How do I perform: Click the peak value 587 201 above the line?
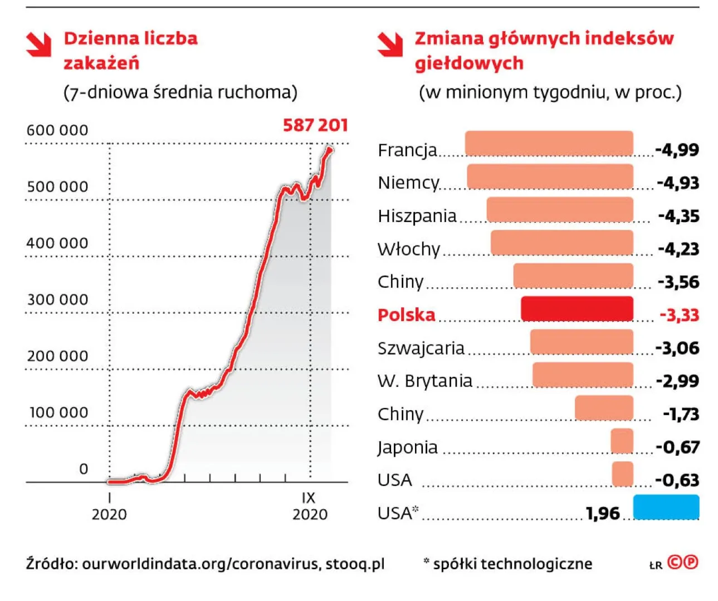coord(315,125)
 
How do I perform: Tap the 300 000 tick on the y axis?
coord(57,299)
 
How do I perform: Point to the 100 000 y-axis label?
coord(58,412)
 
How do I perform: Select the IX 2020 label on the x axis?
coord(310,506)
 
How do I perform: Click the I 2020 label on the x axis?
coord(109,506)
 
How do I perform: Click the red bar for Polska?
coord(577,309)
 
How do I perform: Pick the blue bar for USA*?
coord(666,507)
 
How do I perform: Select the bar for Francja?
coord(549,144)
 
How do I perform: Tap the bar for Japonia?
coord(622,441)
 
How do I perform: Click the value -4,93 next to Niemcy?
coord(677,183)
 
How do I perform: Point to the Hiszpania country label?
coord(417,216)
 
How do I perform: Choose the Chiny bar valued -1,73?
coord(604,408)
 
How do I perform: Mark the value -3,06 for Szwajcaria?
coord(677,348)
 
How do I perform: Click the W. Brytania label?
coord(424,381)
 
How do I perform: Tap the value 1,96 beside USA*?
coord(603,513)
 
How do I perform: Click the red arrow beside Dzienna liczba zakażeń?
coord(39,45)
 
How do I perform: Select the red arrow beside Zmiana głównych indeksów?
coord(390,45)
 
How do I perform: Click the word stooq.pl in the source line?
coord(355,564)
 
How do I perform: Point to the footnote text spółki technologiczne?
coord(512,564)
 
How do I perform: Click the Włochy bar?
coord(561,243)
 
